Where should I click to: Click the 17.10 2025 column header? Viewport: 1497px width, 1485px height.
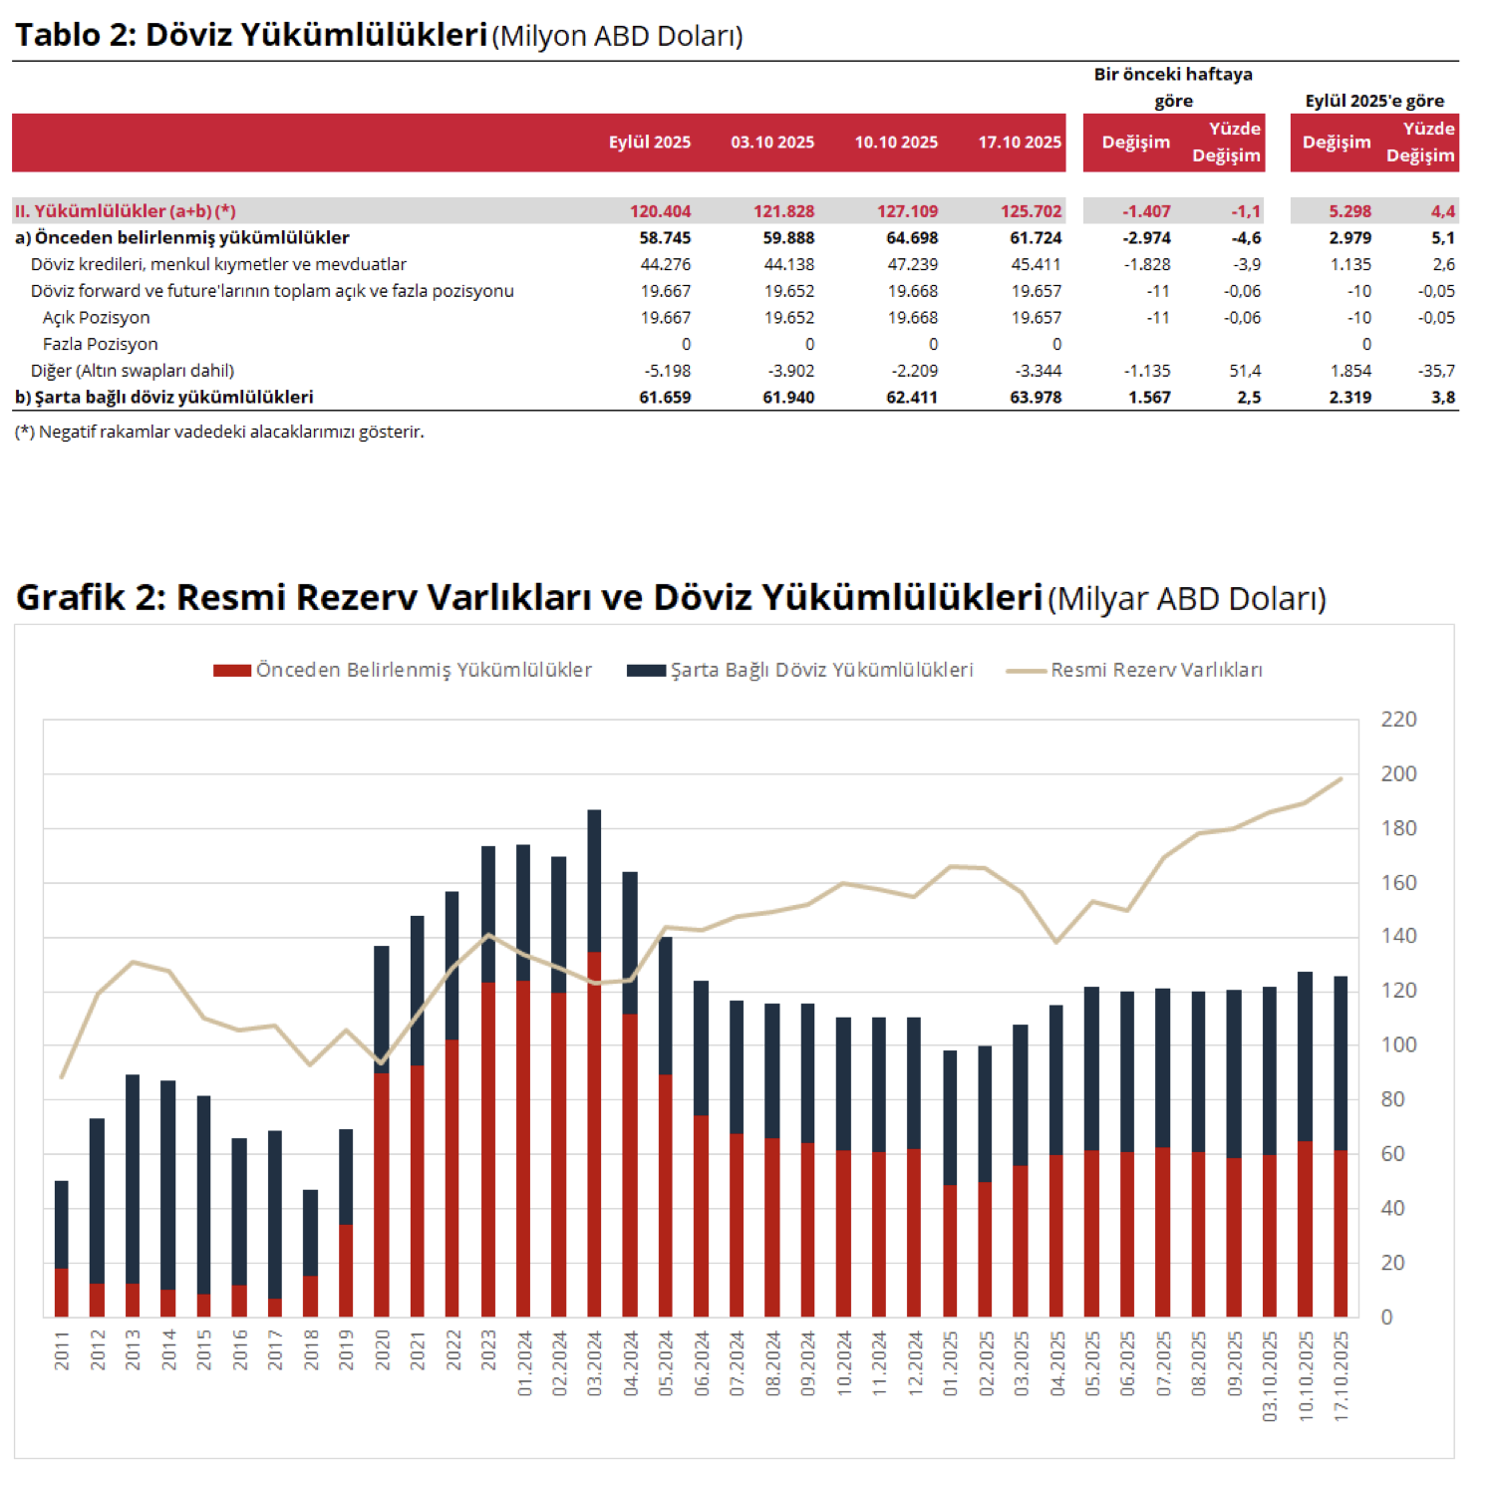[x=1020, y=143]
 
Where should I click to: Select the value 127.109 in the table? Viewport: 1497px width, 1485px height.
[x=907, y=211]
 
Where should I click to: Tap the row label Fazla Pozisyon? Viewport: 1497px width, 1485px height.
[x=100, y=344]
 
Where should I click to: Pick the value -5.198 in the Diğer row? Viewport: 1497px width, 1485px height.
[x=667, y=371]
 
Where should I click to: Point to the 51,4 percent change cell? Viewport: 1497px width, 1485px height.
[x=1245, y=371]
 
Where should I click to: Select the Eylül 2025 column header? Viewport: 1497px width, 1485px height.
[x=650, y=143]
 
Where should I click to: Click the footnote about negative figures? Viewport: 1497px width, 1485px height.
[x=219, y=432]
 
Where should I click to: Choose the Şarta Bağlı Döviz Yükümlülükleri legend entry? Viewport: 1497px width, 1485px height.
[x=800, y=670]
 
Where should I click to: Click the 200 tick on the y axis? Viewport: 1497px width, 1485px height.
[x=1398, y=773]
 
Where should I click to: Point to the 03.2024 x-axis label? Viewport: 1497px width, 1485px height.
[x=595, y=1363]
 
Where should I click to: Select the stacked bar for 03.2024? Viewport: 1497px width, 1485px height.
[x=594, y=1063]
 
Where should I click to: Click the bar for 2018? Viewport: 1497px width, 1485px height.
[x=310, y=1254]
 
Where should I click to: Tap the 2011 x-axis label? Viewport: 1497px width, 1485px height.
[x=62, y=1350]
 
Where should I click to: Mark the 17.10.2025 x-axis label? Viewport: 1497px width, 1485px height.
[x=1342, y=1375]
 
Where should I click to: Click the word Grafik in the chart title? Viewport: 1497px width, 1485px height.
[x=72, y=597]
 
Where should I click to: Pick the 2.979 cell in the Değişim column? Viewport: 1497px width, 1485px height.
[x=1349, y=238]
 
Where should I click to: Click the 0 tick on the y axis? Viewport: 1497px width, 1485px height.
[x=1386, y=1317]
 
